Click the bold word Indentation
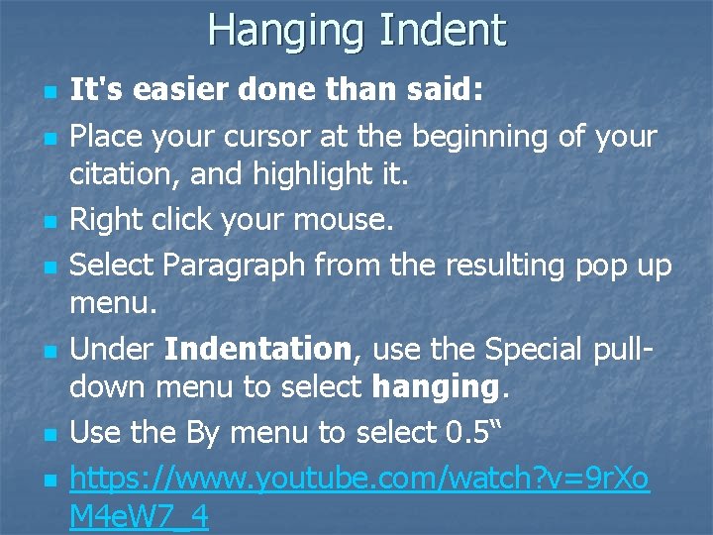pyautogui.click(x=257, y=349)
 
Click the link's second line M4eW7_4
pyautogui.click(x=139, y=517)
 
